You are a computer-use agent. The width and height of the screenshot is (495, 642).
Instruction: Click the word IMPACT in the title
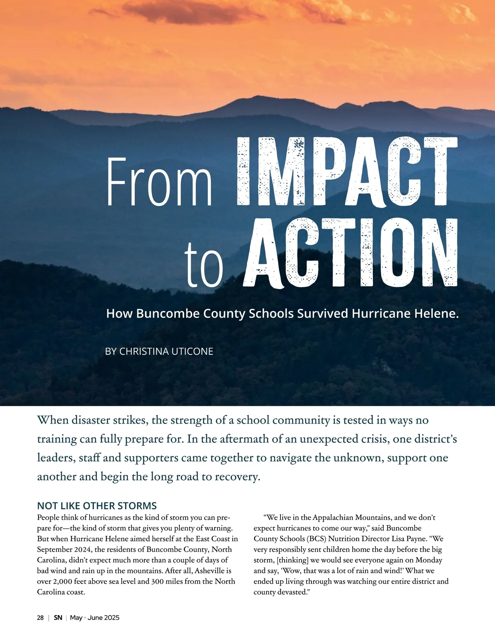(x=347, y=171)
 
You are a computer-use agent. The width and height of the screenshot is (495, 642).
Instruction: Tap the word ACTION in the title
(x=351, y=253)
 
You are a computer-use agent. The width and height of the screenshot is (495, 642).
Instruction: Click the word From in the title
(x=159, y=182)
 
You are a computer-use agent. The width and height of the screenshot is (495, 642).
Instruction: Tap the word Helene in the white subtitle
(x=436, y=314)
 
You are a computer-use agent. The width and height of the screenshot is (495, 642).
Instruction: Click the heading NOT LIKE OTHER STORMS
(x=97, y=506)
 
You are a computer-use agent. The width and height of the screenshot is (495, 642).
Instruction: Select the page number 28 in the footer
(x=40, y=618)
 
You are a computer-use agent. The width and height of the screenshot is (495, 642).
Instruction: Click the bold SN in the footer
(x=58, y=618)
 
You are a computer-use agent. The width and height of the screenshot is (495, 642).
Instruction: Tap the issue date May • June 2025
(x=95, y=618)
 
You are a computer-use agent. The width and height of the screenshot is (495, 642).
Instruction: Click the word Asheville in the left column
(x=210, y=571)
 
